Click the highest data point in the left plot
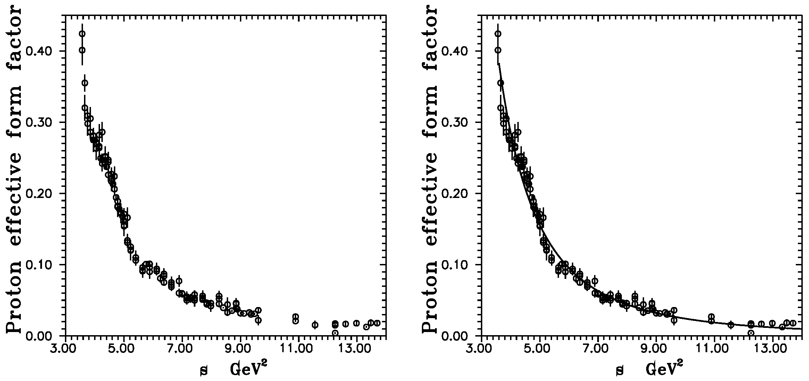click(82, 34)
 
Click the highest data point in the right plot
click(498, 34)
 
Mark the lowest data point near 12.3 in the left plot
click(335, 333)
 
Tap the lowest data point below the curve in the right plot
click(751, 333)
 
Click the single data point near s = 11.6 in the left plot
click(315, 325)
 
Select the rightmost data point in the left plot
click(377, 323)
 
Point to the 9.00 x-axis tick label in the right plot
click(655, 347)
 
